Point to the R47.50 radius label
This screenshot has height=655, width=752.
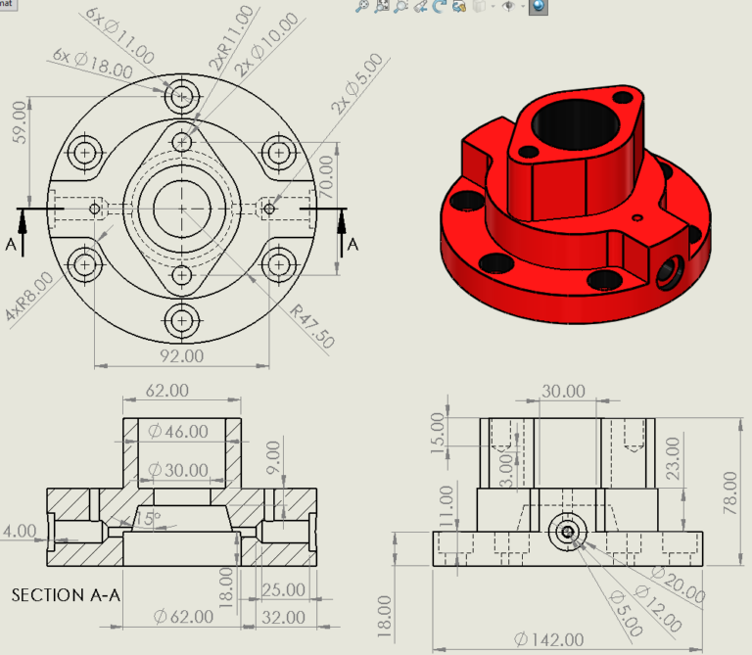click(311, 326)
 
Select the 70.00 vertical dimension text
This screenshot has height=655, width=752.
click(326, 173)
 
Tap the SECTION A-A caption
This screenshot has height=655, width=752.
click(62, 594)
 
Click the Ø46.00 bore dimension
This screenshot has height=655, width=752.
click(177, 431)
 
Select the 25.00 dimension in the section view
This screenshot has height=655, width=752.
click(284, 589)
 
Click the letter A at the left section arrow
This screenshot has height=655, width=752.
click(11, 245)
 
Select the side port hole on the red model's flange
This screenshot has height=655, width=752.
click(669, 273)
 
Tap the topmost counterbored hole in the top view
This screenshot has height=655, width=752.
click(182, 96)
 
